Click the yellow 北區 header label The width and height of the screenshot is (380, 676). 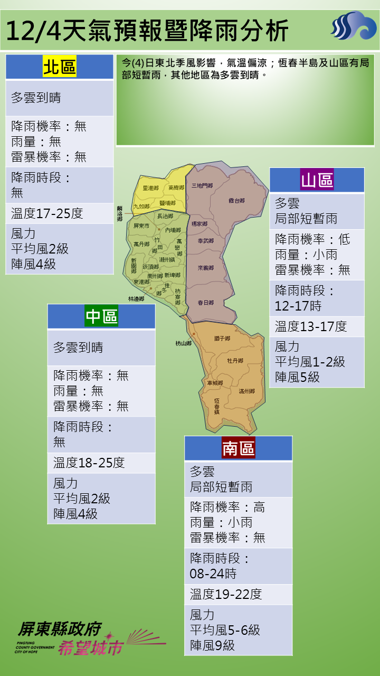point(60,68)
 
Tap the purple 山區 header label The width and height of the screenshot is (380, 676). point(317,181)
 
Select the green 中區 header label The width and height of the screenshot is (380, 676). point(101,316)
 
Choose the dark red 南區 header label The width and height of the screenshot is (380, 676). point(238,448)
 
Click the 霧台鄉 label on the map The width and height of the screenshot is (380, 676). point(236,201)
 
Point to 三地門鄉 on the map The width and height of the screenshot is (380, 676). point(202,186)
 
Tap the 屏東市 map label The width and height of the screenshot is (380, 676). point(141,226)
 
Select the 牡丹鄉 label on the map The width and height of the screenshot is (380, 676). point(235,361)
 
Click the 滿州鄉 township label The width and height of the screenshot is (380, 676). point(246,391)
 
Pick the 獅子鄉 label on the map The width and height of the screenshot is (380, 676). point(222,338)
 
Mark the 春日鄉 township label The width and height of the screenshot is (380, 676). point(205,303)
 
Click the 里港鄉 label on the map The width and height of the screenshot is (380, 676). point(150,188)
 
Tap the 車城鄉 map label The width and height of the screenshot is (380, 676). point(215,383)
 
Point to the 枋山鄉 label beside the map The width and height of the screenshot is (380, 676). point(184,343)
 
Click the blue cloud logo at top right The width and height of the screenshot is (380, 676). point(354,26)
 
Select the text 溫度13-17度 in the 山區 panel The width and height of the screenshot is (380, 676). point(311,326)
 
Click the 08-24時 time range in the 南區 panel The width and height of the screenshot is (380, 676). point(213,574)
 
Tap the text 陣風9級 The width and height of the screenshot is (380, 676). point(212,645)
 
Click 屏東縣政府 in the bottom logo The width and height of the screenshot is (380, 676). point(59,628)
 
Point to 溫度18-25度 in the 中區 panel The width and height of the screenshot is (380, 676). point(89,463)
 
